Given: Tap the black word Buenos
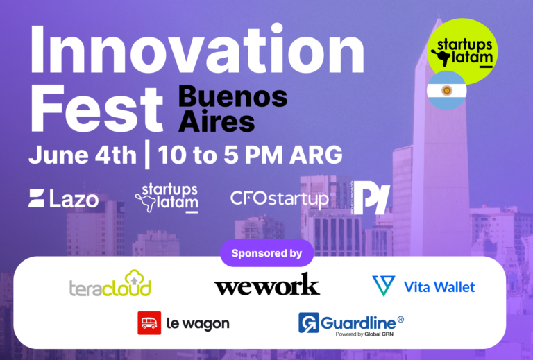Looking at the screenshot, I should [232, 96].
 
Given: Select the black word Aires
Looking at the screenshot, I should [217, 121].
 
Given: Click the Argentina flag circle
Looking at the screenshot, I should [447, 91].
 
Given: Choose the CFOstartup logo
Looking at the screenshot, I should [280, 199].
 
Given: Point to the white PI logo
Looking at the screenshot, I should [372, 199].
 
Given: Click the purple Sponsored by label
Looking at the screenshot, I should [266, 253].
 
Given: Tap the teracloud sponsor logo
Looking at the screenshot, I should [110, 284].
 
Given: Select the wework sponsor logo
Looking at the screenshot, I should [266, 284].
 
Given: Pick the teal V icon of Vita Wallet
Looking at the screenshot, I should [383, 286].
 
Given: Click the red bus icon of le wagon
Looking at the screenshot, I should [149, 323].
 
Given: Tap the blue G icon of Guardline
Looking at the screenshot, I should [309, 323].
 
